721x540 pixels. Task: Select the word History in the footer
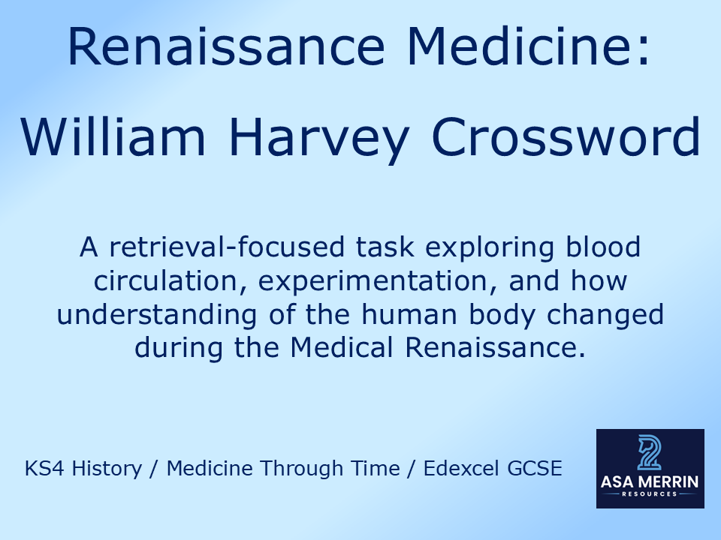pyautogui.click(x=109, y=469)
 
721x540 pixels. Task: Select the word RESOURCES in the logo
pyautogui.click(x=650, y=494)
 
